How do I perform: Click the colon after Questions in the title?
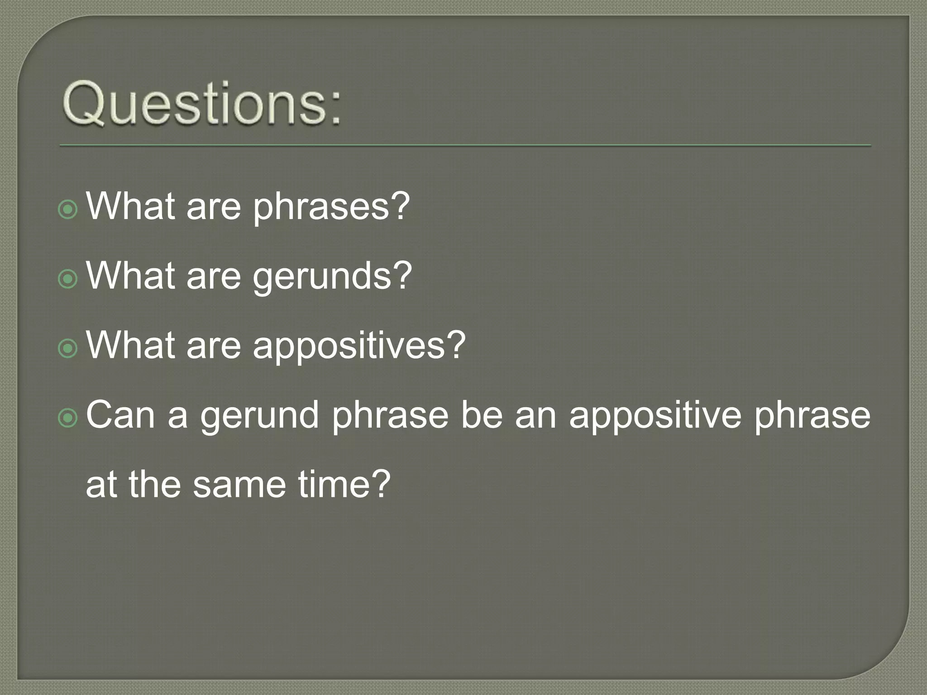coord(334,109)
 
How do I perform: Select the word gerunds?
coord(322,277)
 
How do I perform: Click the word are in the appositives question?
coord(213,346)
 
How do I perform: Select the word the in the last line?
coord(155,484)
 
